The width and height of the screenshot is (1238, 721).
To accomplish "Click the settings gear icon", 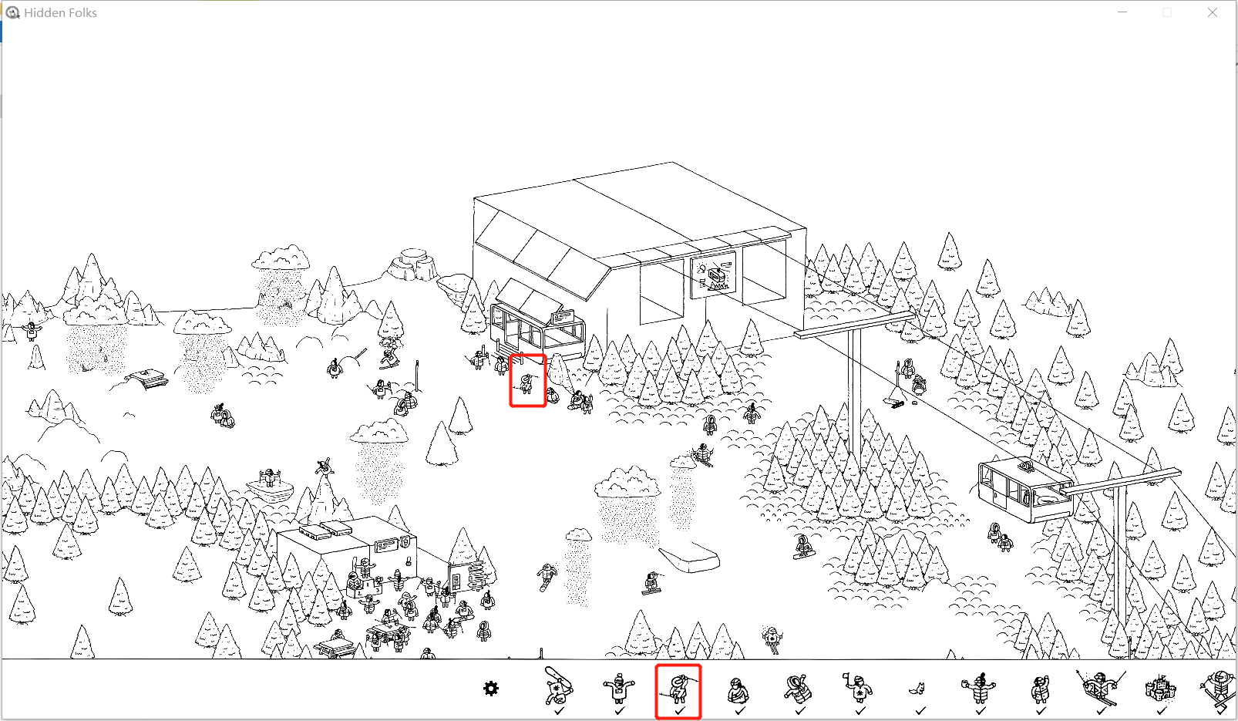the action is [491, 689].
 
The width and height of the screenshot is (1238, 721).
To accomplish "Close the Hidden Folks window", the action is [1212, 12].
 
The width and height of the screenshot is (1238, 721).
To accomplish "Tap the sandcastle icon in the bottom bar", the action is [1160, 689].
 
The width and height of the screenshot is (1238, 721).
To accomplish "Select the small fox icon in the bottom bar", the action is [918, 689].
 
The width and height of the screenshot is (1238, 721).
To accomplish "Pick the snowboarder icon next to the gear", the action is [559, 686].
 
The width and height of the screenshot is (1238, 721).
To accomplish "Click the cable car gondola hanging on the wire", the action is [1025, 490].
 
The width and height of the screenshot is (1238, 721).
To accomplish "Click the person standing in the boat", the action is [269, 477].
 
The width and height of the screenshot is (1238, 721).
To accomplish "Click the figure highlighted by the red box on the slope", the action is [526, 382].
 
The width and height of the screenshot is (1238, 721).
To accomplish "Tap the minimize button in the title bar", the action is [1122, 12].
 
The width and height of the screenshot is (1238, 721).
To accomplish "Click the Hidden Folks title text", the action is [60, 12].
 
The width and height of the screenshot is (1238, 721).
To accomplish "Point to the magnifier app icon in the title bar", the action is [12, 12].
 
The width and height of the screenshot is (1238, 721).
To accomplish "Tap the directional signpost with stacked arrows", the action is [476, 576].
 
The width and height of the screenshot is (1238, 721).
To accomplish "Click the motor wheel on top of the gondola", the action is [1027, 466].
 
